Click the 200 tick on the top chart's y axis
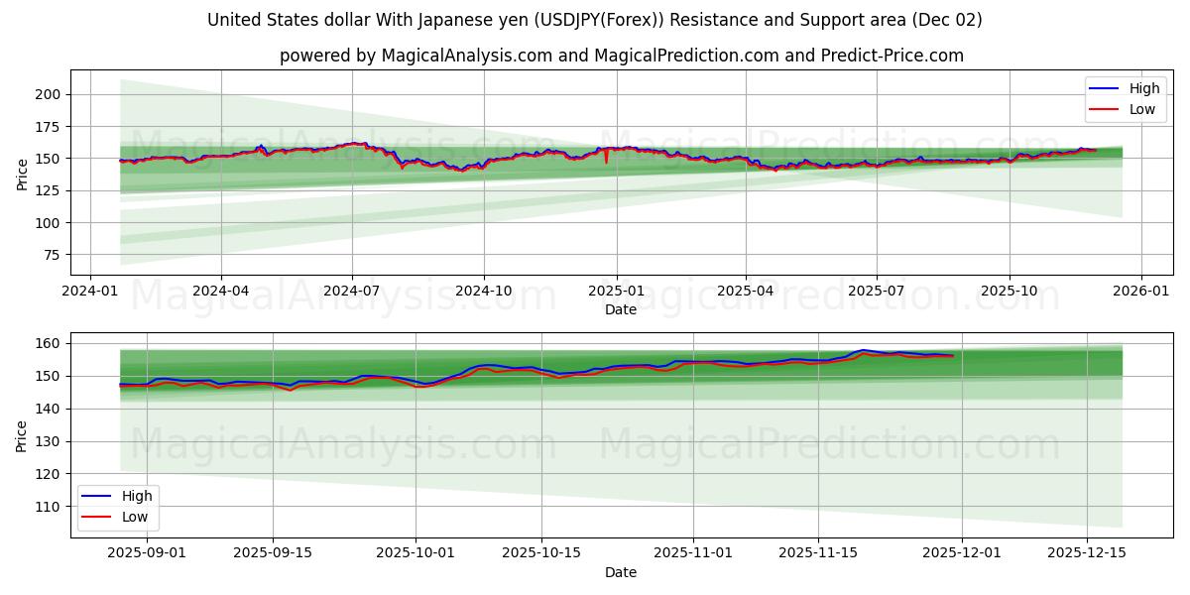click(x=50, y=94)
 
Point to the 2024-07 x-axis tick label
click(x=352, y=293)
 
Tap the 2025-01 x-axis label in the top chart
click(x=616, y=293)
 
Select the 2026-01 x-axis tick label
click(x=1140, y=293)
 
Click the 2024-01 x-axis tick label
click(x=90, y=293)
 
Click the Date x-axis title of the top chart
click(x=621, y=309)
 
